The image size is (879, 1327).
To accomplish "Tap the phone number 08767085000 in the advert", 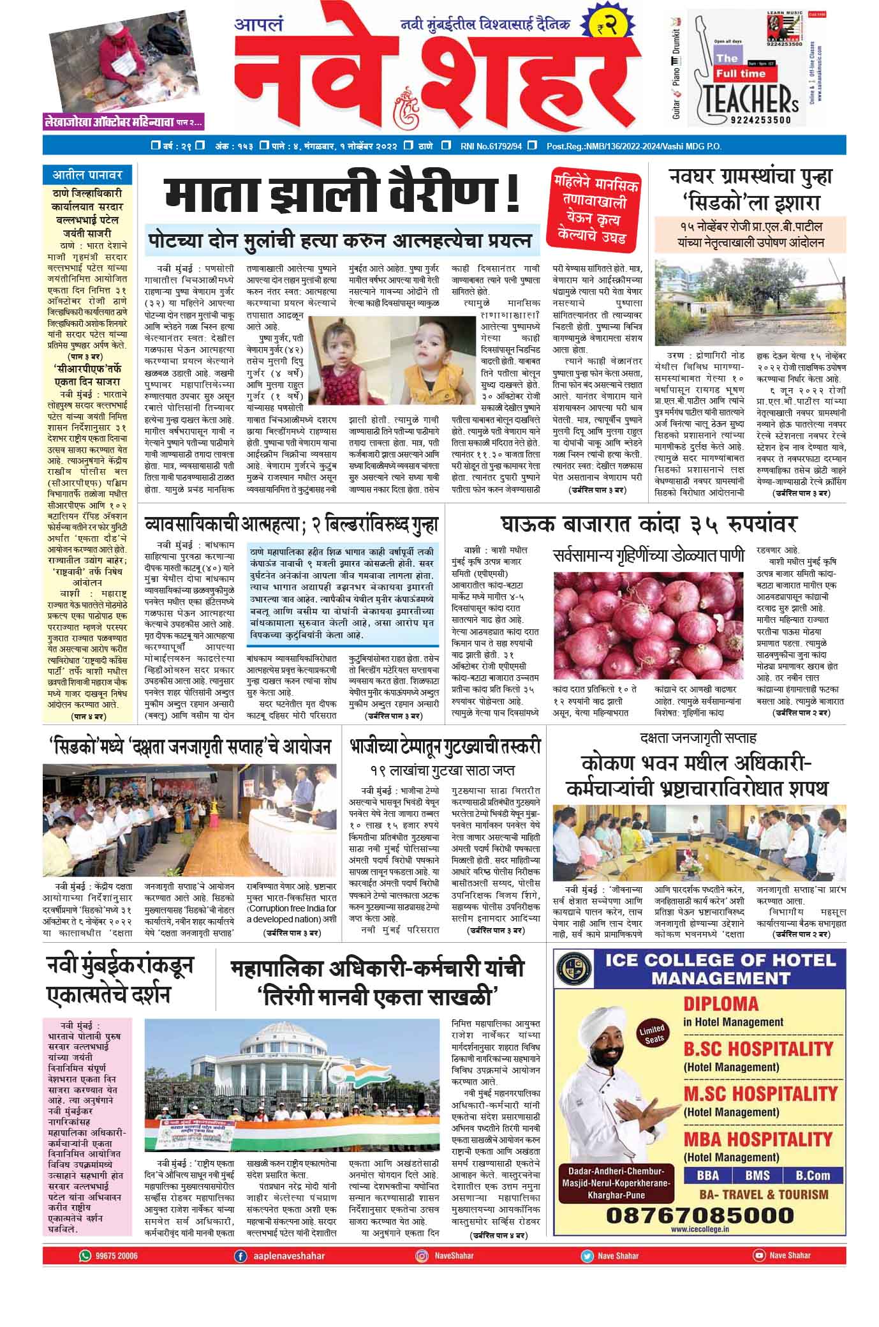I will (x=700, y=1214).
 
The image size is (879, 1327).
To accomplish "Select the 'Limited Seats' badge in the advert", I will (x=652, y=1032).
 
